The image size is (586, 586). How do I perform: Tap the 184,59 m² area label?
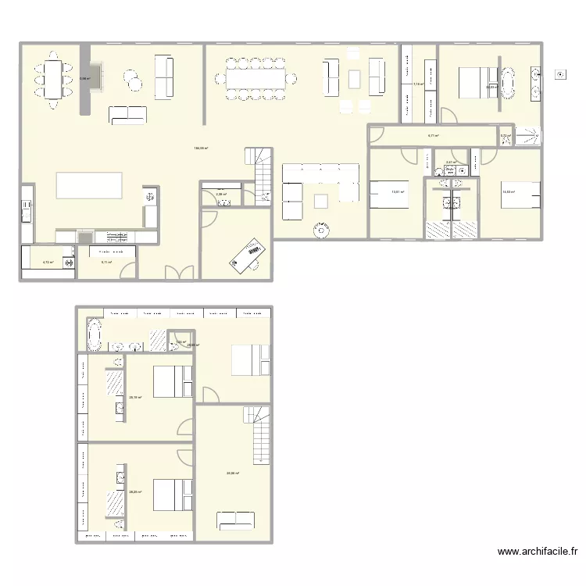click(202, 148)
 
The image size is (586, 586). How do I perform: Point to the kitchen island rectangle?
click(89, 186)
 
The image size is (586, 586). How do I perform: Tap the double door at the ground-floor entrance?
click(179, 272)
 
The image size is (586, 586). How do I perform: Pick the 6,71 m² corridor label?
click(432, 136)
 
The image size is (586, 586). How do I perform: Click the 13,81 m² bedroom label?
click(398, 192)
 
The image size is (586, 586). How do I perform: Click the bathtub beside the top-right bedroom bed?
click(507, 83)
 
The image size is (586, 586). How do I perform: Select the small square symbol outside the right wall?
click(559, 75)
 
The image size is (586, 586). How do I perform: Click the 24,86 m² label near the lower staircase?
click(233, 473)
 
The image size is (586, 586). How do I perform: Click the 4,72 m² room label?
click(48, 263)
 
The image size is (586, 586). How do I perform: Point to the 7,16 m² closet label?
click(418, 84)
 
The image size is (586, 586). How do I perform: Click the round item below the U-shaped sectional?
click(320, 230)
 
